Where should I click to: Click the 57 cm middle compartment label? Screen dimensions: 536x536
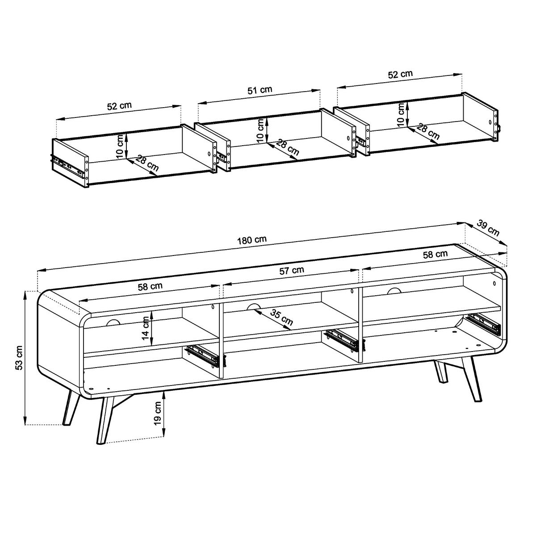point(292,270)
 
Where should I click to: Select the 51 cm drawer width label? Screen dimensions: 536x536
point(260,90)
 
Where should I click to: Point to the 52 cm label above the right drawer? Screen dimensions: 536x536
point(400,75)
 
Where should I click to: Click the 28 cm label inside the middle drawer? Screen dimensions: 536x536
point(287,147)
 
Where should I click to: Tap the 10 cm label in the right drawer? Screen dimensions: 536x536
point(401,114)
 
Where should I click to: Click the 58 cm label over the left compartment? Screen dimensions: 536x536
point(150,286)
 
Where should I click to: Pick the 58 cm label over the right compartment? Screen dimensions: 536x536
point(435,254)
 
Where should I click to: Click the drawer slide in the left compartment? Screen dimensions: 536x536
point(204,356)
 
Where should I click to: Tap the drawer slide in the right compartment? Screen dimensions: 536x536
point(485,323)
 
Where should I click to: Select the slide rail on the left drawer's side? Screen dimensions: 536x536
point(67,165)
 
